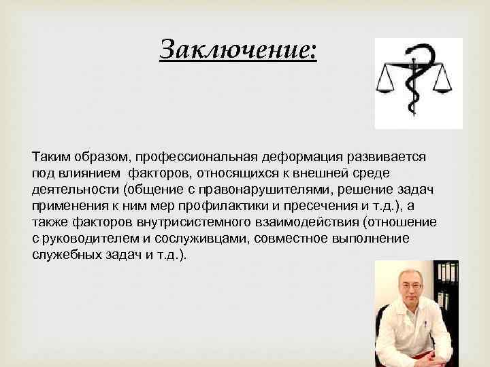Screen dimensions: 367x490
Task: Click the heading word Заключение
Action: (238, 49)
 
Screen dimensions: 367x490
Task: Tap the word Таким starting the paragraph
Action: (49, 156)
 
